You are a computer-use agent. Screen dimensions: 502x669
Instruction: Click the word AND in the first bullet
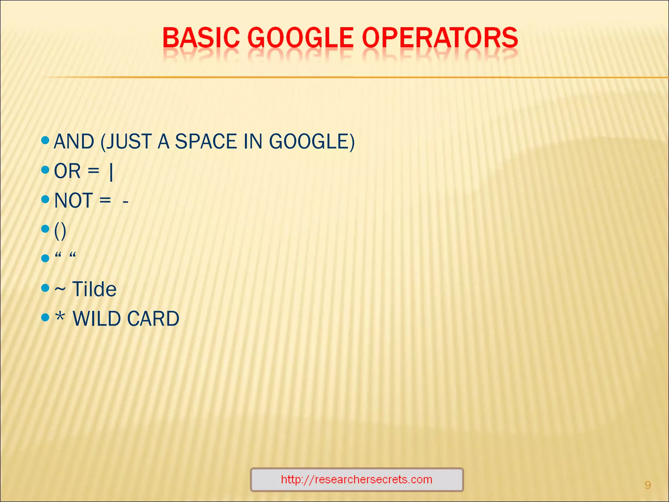coord(74,142)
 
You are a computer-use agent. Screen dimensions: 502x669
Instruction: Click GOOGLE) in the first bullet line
coord(312,142)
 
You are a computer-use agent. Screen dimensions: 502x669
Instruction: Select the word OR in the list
coord(67,171)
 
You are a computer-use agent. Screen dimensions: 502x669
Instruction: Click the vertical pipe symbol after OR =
coord(111,172)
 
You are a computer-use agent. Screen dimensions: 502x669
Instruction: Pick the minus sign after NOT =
coord(125,202)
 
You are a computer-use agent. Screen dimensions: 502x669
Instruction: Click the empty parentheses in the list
coord(60,231)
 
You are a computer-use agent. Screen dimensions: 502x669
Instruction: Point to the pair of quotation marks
coord(65,255)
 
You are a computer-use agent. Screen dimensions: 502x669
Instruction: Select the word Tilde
coord(94,289)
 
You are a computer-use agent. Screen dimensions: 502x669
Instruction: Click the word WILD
coord(97,319)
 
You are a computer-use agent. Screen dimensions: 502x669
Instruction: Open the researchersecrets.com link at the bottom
coord(357,479)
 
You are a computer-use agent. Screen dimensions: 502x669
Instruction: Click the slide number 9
coord(648,485)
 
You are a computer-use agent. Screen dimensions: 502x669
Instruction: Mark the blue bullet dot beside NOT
coord(45,199)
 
